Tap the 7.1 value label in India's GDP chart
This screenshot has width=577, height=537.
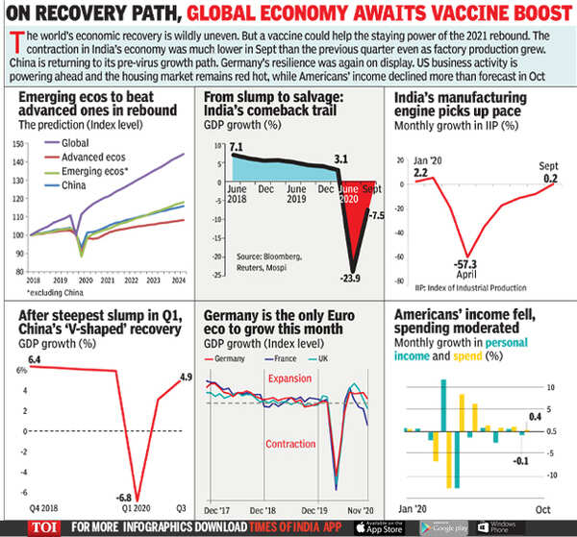[x=236, y=144]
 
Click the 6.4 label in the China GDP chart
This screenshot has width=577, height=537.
[x=37, y=358]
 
